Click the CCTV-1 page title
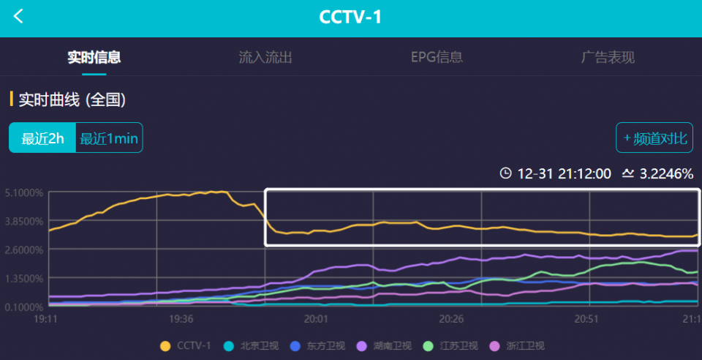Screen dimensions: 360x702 click(x=351, y=17)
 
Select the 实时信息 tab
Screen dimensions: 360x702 click(x=94, y=57)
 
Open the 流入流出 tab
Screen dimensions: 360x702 click(x=265, y=57)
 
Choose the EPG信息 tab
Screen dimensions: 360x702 click(x=437, y=57)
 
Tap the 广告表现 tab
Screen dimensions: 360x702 click(x=608, y=57)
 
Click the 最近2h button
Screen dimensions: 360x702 click(x=42, y=138)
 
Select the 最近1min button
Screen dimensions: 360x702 click(x=109, y=138)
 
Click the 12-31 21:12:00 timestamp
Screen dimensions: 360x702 click(x=564, y=174)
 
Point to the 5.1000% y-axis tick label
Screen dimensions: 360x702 click(x=24, y=193)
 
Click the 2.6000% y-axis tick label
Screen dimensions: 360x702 click(x=24, y=250)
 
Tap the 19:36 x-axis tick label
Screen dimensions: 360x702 click(x=181, y=319)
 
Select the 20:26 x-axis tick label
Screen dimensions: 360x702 click(x=451, y=319)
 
